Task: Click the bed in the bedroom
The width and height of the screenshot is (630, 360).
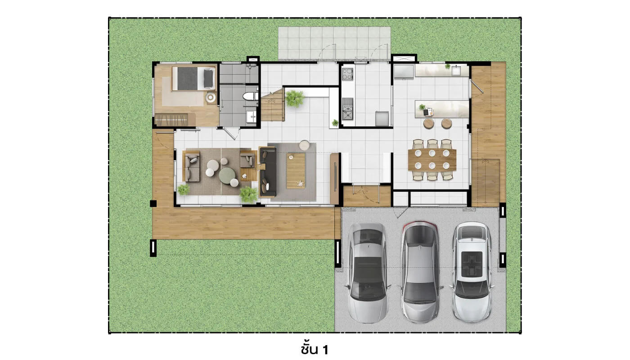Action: pos(193,78)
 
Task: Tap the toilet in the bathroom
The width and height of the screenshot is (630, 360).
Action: pos(250,96)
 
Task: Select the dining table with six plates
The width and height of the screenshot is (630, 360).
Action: pos(432,159)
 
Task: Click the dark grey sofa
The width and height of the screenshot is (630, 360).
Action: pos(268,171)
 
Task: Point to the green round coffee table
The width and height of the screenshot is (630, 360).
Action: pos(227,176)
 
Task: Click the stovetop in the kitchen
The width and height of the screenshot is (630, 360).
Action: pos(347,74)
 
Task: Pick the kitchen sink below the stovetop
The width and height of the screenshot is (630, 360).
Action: pos(347,108)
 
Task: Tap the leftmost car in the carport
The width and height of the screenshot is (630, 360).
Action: pos(367,273)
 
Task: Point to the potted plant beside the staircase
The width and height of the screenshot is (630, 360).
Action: pos(294,99)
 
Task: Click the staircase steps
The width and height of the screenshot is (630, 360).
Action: pos(272,105)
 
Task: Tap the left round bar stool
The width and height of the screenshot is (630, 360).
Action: pos(428,123)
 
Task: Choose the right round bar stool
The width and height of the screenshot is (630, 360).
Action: pos(446,123)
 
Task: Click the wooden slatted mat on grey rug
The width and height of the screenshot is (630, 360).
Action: pos(296,171)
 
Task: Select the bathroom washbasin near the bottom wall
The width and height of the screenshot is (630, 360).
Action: pos(252,116)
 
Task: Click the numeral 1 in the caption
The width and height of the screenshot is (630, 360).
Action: pos(325,350)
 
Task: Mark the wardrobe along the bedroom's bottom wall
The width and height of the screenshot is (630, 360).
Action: pos(175,120)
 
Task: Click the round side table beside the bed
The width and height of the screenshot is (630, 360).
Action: pos(211,98)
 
